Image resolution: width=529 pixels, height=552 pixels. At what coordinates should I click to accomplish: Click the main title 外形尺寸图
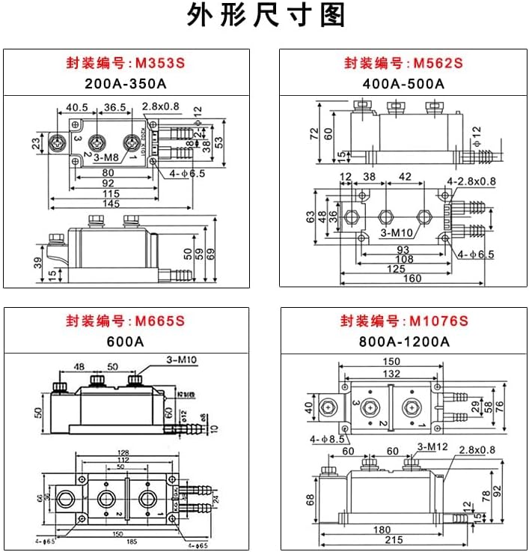coord(265,16)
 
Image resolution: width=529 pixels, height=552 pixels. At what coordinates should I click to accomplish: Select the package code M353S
coord(159,63)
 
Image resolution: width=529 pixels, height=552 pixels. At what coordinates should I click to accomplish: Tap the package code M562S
coord(438,63)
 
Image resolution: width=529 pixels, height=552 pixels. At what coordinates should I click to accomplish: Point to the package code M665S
coord(159,322)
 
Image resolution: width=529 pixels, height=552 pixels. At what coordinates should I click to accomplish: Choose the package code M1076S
coord(438,322)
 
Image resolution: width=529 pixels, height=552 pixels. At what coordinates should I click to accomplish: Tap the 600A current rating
coord(126,342)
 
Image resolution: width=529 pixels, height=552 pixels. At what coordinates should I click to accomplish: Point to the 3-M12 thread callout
coord(432,448)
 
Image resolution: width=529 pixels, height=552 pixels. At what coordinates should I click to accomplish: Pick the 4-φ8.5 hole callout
coord(323,438)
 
